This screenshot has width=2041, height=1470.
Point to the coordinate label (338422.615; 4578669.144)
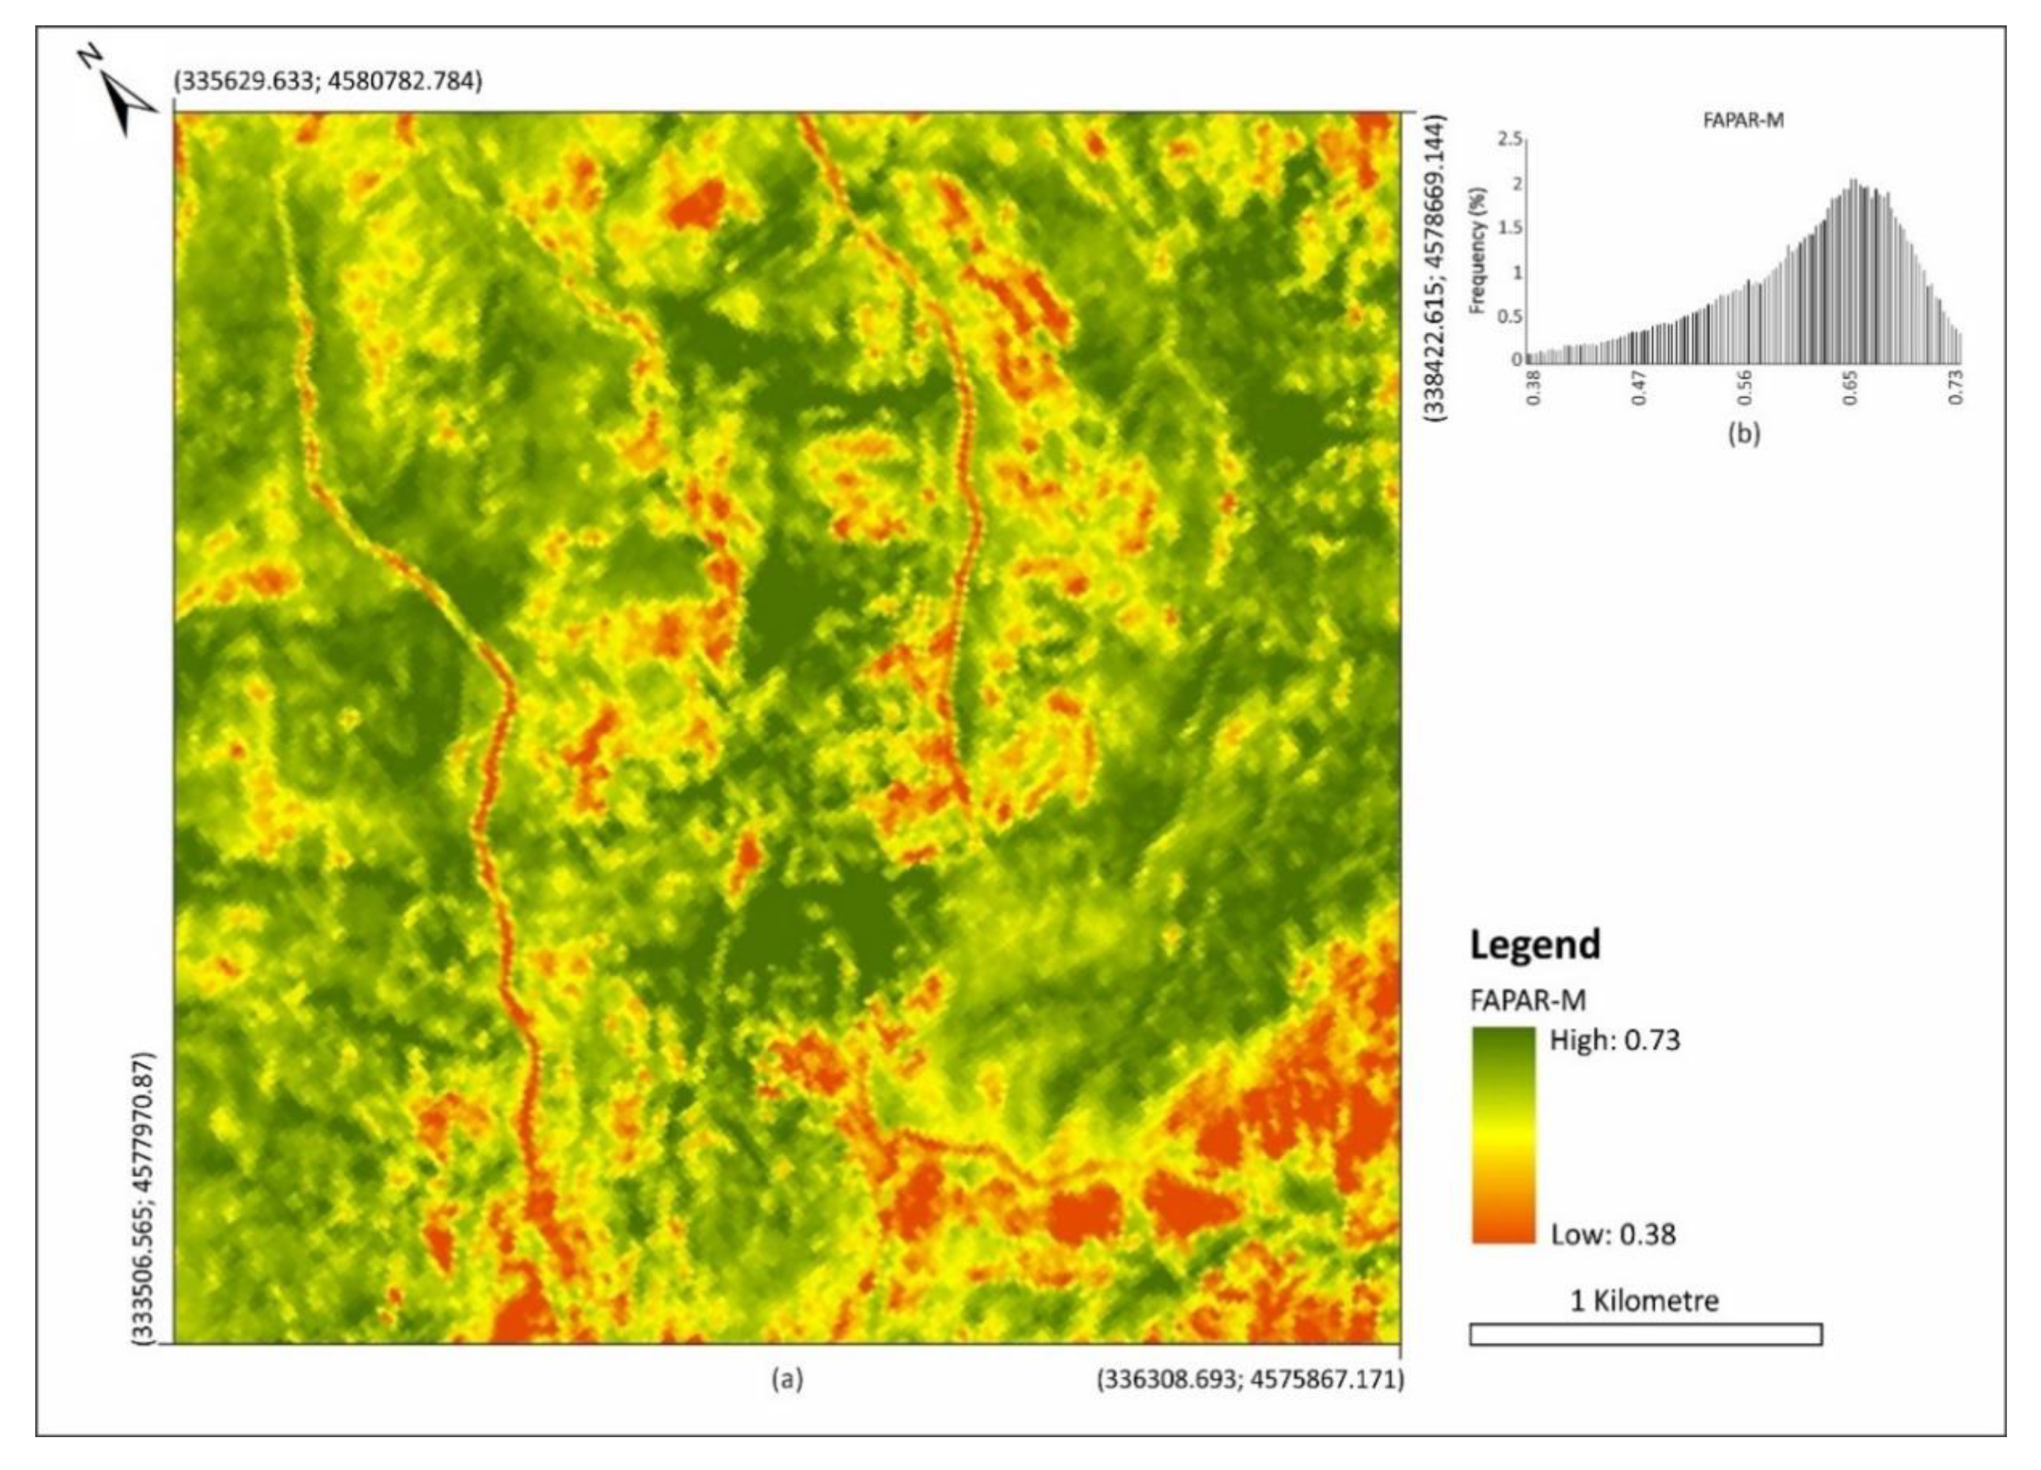tap(1433, 266)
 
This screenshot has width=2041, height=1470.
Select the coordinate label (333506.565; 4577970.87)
tap(144, 1198)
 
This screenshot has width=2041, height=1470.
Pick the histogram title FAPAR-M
tap(1743, 121)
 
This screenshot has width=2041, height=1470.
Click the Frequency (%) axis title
tap(1477, 249)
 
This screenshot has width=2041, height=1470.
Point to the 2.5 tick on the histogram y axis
tap(1509, 140)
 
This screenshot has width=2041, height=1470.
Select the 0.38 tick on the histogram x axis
tap(1534, 386)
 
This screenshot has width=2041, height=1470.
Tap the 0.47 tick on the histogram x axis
tap(1639, 386)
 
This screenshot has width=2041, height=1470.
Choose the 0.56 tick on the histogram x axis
tap(1746, 386)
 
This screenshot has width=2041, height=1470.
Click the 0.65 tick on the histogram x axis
tap(1851, 386)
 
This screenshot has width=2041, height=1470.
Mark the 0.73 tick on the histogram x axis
tap(1956, 386)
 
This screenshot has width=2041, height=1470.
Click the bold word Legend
tap(1535, 944)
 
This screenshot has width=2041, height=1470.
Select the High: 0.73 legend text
tap(1614, 1040)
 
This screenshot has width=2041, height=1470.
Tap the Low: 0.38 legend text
tap(1613, 1234)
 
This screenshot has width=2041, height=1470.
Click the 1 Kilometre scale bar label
tap(1644, 1301)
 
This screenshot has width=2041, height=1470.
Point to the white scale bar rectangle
tap(1645, 1334)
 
